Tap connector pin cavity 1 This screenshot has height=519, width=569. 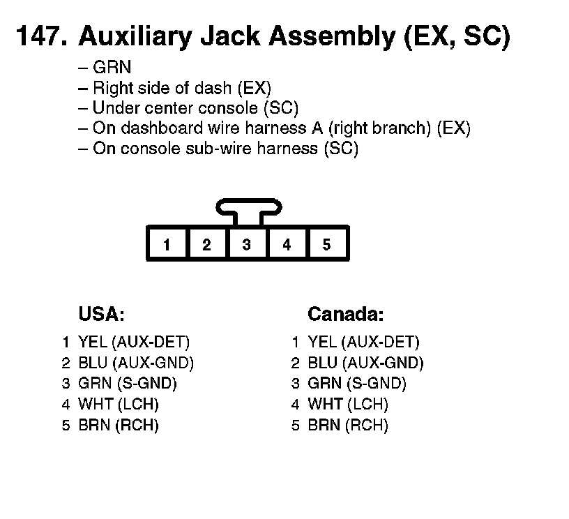pos(167,244)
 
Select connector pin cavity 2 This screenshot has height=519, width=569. pos(206,244)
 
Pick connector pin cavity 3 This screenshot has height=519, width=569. pos(247,244)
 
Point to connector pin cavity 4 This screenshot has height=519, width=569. pos(287,244)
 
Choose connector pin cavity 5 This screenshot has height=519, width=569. pos(326,244)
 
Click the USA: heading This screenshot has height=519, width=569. pos(101,314)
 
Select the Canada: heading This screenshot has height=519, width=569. pos(345,314)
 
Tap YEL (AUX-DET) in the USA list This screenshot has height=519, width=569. pos(134,342)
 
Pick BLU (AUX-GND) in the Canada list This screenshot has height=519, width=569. pos(365,363)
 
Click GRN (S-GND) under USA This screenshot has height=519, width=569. pos(128,384)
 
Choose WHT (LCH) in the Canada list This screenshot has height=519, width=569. pos(348,405)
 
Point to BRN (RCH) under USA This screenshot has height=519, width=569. pos(119,426)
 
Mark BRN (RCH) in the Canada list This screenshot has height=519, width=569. pos(348,426)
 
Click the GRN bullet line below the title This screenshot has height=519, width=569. pos(112,68)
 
